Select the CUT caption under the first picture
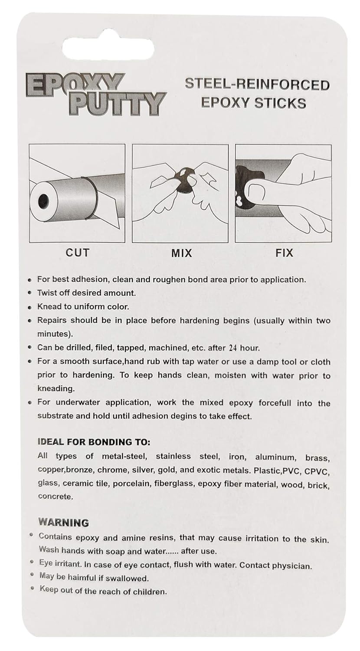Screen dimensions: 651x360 coord(77,252)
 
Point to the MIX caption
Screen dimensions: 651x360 coord(181,253)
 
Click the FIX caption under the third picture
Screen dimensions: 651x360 coord(284,252)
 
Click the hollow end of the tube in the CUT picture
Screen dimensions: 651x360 coord(44,201)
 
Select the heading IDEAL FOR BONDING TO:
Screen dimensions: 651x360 coord(94,442)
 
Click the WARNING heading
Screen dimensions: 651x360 coord(63,522)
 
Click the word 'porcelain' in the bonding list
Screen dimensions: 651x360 coord(131,484)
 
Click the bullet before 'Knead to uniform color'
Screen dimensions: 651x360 coord(29,307)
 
